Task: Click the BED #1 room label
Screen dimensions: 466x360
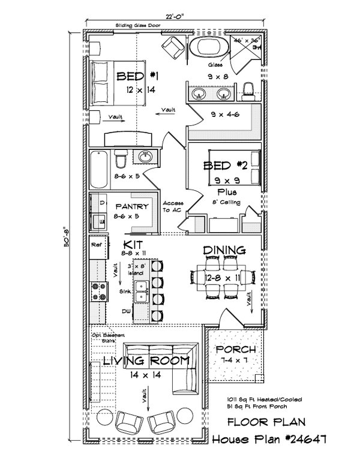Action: [x=137, y=76]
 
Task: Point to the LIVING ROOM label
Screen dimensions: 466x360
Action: [x=146, y=360]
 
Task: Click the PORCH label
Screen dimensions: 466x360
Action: [x=236, y=349]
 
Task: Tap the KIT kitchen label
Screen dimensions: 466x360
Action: [x=132, y=245]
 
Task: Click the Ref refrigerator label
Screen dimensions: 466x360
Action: [x=95, y=245]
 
